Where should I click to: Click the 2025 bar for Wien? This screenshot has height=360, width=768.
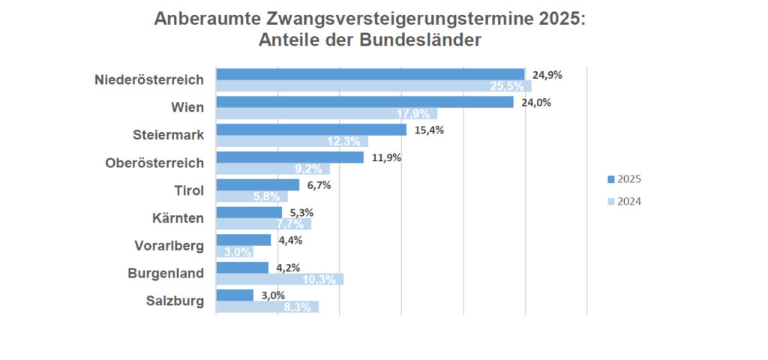(364, 102)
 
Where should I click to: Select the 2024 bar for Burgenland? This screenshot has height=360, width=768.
(279, 279)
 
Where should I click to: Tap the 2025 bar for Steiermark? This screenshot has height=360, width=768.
(311, 130)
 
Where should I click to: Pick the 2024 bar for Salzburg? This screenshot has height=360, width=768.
(267, 307)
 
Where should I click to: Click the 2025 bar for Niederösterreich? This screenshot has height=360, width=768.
(370, 74)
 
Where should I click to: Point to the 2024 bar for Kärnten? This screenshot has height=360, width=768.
(263, 223)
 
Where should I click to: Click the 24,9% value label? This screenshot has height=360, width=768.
(547, 75)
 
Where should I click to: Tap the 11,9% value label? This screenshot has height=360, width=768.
(386, 157)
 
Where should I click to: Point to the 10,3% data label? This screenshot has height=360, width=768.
(319, 280)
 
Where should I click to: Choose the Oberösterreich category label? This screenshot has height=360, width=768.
(154, 163)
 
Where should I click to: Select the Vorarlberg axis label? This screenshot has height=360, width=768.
(169, 246)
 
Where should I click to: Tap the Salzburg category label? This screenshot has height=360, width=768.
(175, 301)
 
